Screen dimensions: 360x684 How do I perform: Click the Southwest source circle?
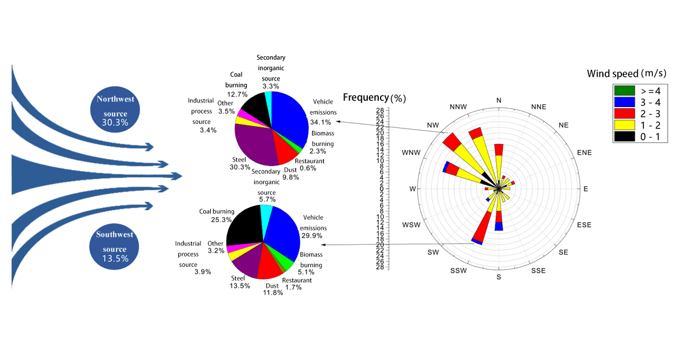point(115,246)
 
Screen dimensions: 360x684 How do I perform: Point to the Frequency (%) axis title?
point(374,97)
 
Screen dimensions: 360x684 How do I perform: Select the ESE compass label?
point(584,225)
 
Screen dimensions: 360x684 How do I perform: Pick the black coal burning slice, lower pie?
point(243,229)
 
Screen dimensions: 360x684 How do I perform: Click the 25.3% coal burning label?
point(215,220)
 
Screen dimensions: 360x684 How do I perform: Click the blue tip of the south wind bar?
point(499,227)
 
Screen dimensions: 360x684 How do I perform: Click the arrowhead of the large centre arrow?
point(180,175)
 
